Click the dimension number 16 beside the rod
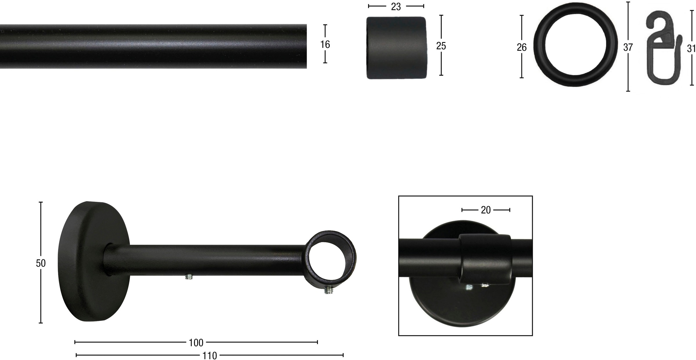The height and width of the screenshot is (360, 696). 325,44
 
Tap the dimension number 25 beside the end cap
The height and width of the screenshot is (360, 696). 441,46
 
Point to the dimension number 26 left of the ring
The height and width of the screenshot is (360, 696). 522,47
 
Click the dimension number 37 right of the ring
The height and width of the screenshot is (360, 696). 628,47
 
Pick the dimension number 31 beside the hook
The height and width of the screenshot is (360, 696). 691,48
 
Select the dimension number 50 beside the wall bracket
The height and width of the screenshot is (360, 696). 41,263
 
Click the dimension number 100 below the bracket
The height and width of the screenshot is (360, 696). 196,343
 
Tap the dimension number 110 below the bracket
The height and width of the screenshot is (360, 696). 210,355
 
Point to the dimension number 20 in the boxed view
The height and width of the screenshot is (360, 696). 486,210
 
